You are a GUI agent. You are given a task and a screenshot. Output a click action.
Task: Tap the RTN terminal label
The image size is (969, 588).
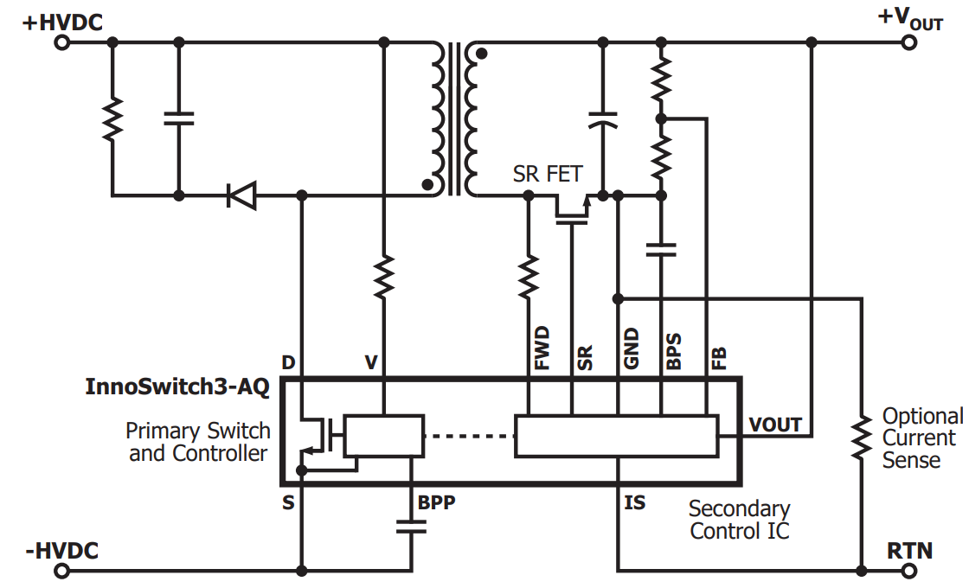[x=909, y=549]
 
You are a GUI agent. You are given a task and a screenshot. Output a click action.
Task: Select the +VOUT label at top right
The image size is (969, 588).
[x=910, y=18]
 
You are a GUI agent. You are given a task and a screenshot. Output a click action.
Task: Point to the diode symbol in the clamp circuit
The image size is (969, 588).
[x=241, y=195]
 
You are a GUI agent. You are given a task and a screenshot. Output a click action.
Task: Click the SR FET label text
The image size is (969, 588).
[x=548, y=174]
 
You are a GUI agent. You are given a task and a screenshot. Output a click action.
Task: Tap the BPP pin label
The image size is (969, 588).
[x=436, y=502]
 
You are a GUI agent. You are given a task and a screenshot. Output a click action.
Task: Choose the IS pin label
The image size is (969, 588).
[x=634, y=502]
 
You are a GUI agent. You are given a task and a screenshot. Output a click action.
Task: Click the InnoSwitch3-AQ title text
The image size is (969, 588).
[x=177, y=387]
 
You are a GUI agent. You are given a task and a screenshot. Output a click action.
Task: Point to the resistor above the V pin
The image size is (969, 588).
[x=384, y=276]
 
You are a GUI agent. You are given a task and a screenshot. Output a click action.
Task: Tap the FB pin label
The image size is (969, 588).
[x=718, y=357]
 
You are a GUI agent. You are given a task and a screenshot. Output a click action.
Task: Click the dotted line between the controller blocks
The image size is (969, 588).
[x=469, y=436]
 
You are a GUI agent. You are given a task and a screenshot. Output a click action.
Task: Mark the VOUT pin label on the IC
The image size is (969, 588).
[x=774, y=425]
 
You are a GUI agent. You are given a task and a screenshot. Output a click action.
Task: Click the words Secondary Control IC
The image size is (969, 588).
[x=740, y=520]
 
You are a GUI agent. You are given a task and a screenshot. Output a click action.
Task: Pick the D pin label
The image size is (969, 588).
[x=288, y=361]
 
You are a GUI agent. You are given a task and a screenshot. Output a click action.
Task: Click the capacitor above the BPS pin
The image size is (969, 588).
[x=661, y=250]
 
